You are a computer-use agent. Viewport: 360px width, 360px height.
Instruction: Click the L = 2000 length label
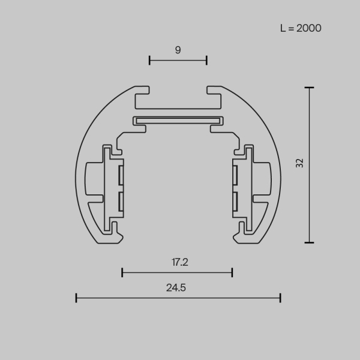tap(301, 28)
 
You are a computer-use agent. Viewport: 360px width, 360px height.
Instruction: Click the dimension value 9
tap(178, 50)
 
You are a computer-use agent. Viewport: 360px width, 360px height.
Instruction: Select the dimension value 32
tap(300, 163)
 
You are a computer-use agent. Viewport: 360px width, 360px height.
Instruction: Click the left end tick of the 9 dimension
tap(149, 59)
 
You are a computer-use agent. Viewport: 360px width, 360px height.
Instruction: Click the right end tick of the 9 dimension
tap(206, 59)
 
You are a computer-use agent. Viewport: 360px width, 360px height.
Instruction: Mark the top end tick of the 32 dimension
tap(309, 88)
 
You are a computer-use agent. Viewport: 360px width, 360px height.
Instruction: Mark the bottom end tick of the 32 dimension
tap(309, 242)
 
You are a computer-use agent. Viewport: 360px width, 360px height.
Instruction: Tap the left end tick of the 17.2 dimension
tap(122, 272)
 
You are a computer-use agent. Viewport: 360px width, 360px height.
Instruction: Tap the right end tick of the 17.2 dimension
tap(232, 272)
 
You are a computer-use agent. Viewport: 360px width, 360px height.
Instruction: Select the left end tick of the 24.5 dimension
tap(76, 297)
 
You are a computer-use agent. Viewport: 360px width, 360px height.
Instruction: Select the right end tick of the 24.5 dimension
tap(280, 297)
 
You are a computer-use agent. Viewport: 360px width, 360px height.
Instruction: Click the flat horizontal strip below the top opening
tap(178, 120)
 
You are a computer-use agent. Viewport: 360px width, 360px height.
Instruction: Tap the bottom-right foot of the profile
tap(244, 239)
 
